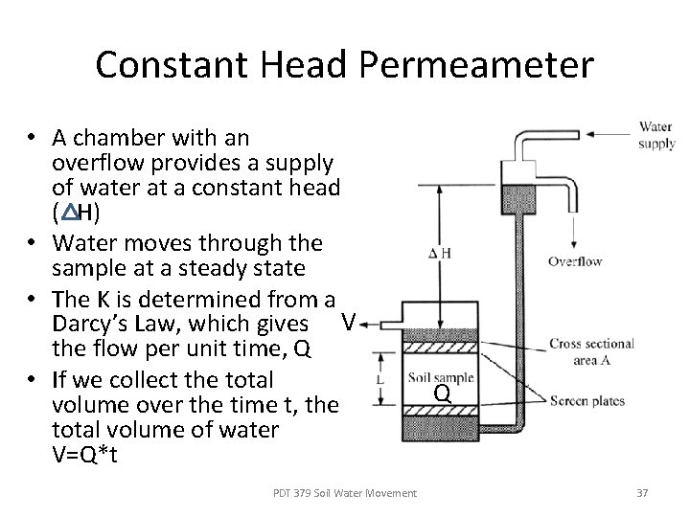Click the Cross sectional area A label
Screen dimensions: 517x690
coord(591,350)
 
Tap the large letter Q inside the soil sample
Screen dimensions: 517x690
coord(442,393)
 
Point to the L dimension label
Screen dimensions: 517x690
coord(381,380)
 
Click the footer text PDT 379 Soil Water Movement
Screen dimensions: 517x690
coord(345,492)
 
